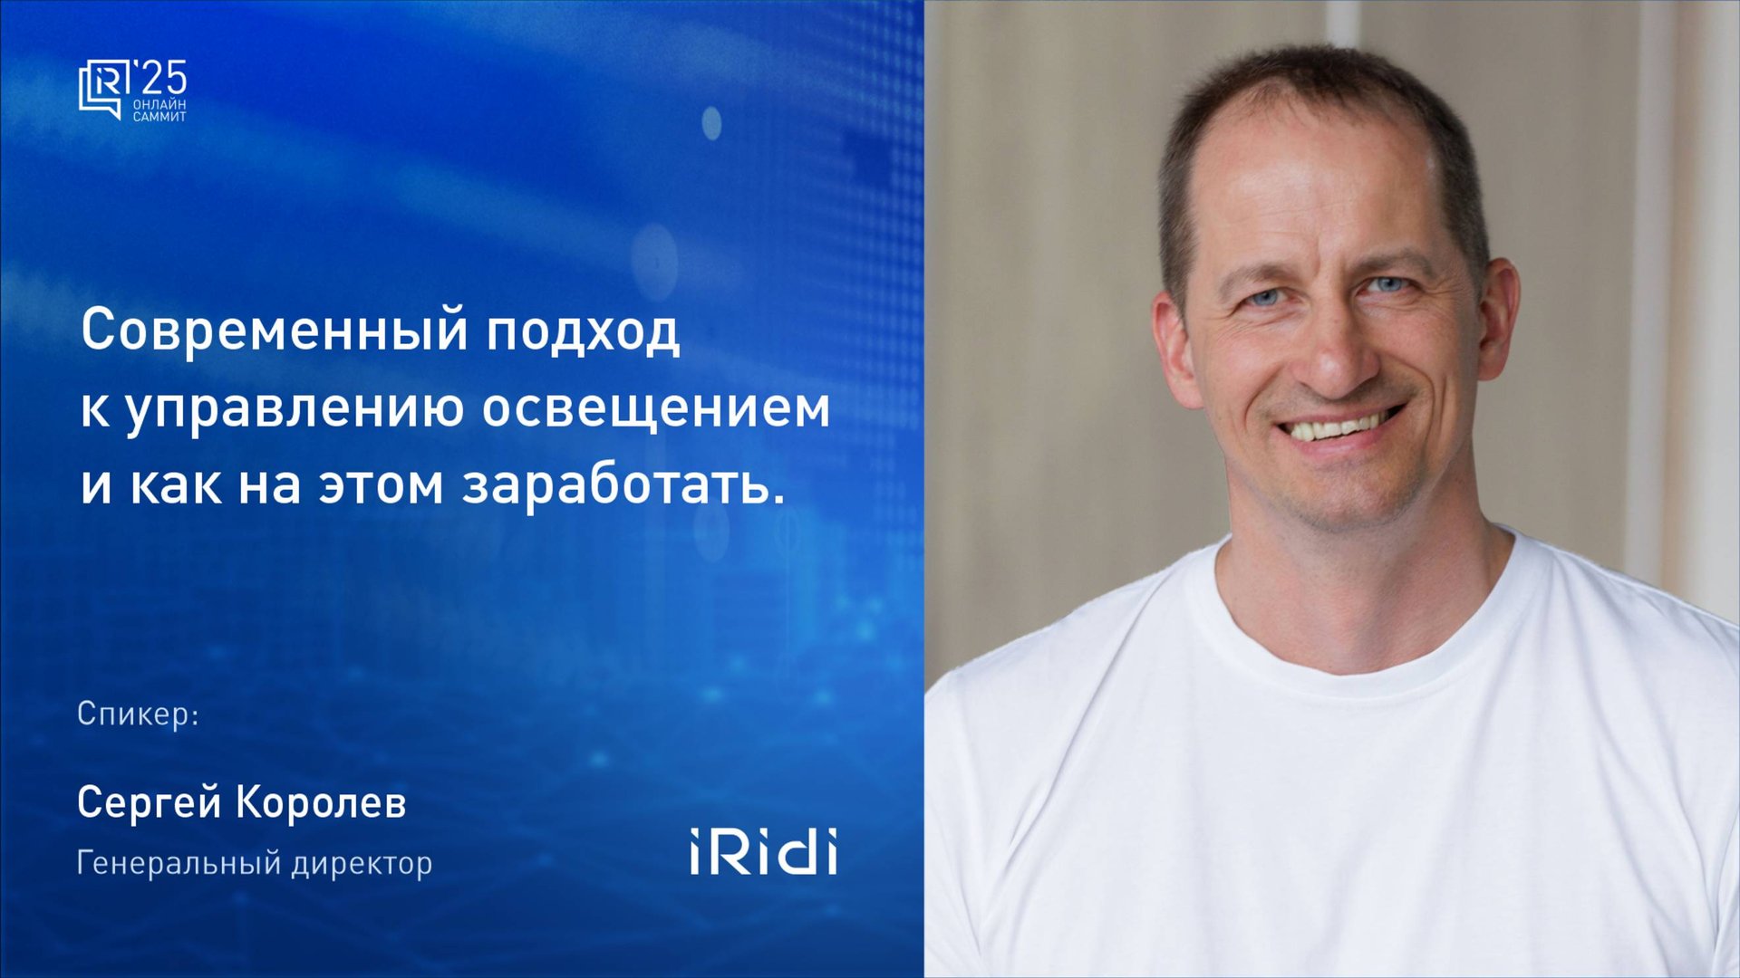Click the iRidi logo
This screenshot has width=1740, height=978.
[x=763, y=851]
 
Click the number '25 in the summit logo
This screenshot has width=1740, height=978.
[x=159, y=79]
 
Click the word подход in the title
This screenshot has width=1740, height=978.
[x=583, y=331]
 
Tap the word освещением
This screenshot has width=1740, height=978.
[x=655, y=407]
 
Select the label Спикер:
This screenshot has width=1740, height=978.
[x=138, y=714]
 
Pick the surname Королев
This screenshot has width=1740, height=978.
[x=322, y=802]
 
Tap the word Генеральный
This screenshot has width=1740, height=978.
[x=179, y=862]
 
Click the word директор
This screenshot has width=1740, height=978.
[x=362, y=862]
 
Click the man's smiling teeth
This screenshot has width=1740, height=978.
[x=1337, y=427]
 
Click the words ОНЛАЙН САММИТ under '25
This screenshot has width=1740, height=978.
[x=159, y=110]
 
